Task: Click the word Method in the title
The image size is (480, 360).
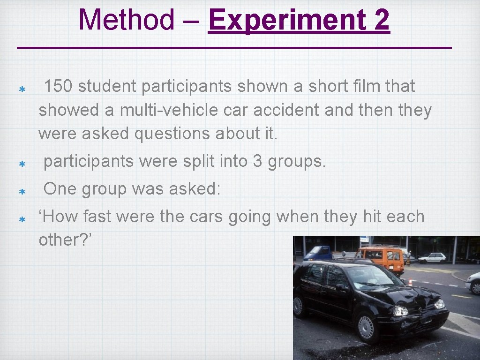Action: (126, 20)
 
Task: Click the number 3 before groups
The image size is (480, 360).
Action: (257, 162)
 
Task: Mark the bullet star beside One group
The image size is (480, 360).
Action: (22, 192)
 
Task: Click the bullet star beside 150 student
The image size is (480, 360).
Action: (22, 89)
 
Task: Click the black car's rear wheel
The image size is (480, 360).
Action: (299, 306)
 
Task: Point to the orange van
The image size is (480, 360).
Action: (380, 259)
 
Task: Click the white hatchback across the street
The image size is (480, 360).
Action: (432, 257)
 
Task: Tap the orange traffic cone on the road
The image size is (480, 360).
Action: (409, 282)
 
